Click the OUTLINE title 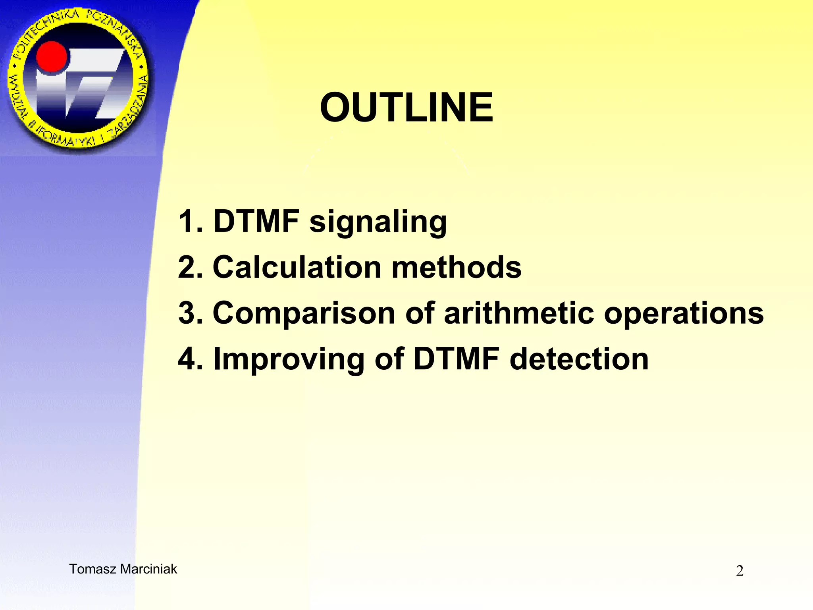pos(406,107)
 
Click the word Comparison pos(304,313)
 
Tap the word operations pos(684,314)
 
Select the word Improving pos(289,359)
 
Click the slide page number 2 pos(740,571)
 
